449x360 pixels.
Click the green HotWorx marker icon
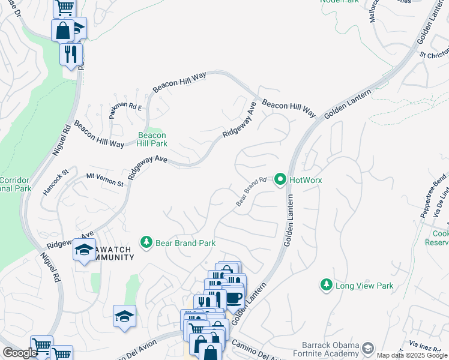click(280, 179)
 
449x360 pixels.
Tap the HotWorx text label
click(306, 180)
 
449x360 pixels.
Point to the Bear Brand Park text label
click(185, 243)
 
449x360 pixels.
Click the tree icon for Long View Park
click(326, 285)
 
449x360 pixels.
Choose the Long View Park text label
click(364, 286)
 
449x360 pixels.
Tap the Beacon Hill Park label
click(152, 139)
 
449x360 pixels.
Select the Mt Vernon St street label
click(104, 179)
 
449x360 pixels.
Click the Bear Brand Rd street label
click(251, 191)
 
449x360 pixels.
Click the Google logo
click(20, 353)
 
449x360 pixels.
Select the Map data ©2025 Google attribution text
click(412, 355)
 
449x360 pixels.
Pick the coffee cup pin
click(234, 297)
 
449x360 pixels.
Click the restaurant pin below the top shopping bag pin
click(71, 54)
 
